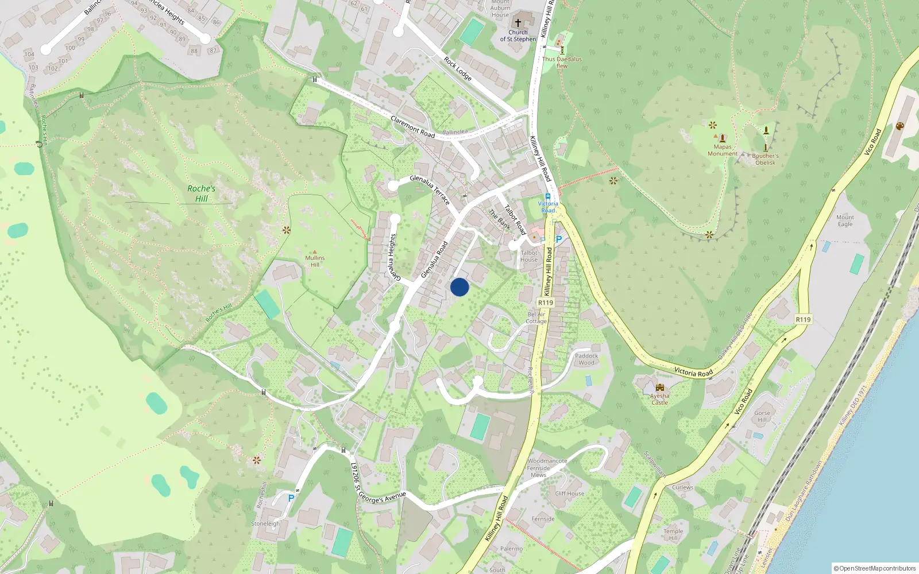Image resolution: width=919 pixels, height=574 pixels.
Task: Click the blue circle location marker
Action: (459, 287)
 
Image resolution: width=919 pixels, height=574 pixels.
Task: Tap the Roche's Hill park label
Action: (201, 193)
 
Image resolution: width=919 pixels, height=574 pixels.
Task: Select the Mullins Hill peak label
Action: (315, 261)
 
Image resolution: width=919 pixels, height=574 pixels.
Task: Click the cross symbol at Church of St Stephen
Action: (518, 23)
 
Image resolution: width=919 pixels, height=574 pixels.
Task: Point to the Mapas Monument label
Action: (723, 150)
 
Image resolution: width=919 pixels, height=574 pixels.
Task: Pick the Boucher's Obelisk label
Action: (765, 159)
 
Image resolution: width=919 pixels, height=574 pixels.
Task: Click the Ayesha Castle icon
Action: (659, 387)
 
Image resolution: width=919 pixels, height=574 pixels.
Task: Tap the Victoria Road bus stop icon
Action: (548, 196)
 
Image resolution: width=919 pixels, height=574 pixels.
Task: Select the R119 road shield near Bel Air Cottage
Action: (546, 302)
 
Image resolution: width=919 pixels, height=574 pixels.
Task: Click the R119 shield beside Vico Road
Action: (803, 320)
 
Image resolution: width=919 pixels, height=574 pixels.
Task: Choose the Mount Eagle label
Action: (845, 220)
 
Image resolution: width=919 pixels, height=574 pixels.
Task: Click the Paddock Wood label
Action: (586, 359)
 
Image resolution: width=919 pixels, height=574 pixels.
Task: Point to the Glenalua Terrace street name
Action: (430, 190)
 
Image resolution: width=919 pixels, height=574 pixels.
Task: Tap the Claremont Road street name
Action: (412, 127)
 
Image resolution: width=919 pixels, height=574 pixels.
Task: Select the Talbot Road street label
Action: (515, 220)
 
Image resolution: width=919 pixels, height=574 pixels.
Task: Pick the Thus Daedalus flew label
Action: (562, 62)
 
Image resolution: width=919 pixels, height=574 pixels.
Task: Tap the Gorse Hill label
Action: (762, 416)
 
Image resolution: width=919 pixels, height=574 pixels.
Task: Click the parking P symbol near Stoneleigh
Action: (291, 498)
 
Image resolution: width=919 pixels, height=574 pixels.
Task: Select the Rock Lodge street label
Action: (457, 69)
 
